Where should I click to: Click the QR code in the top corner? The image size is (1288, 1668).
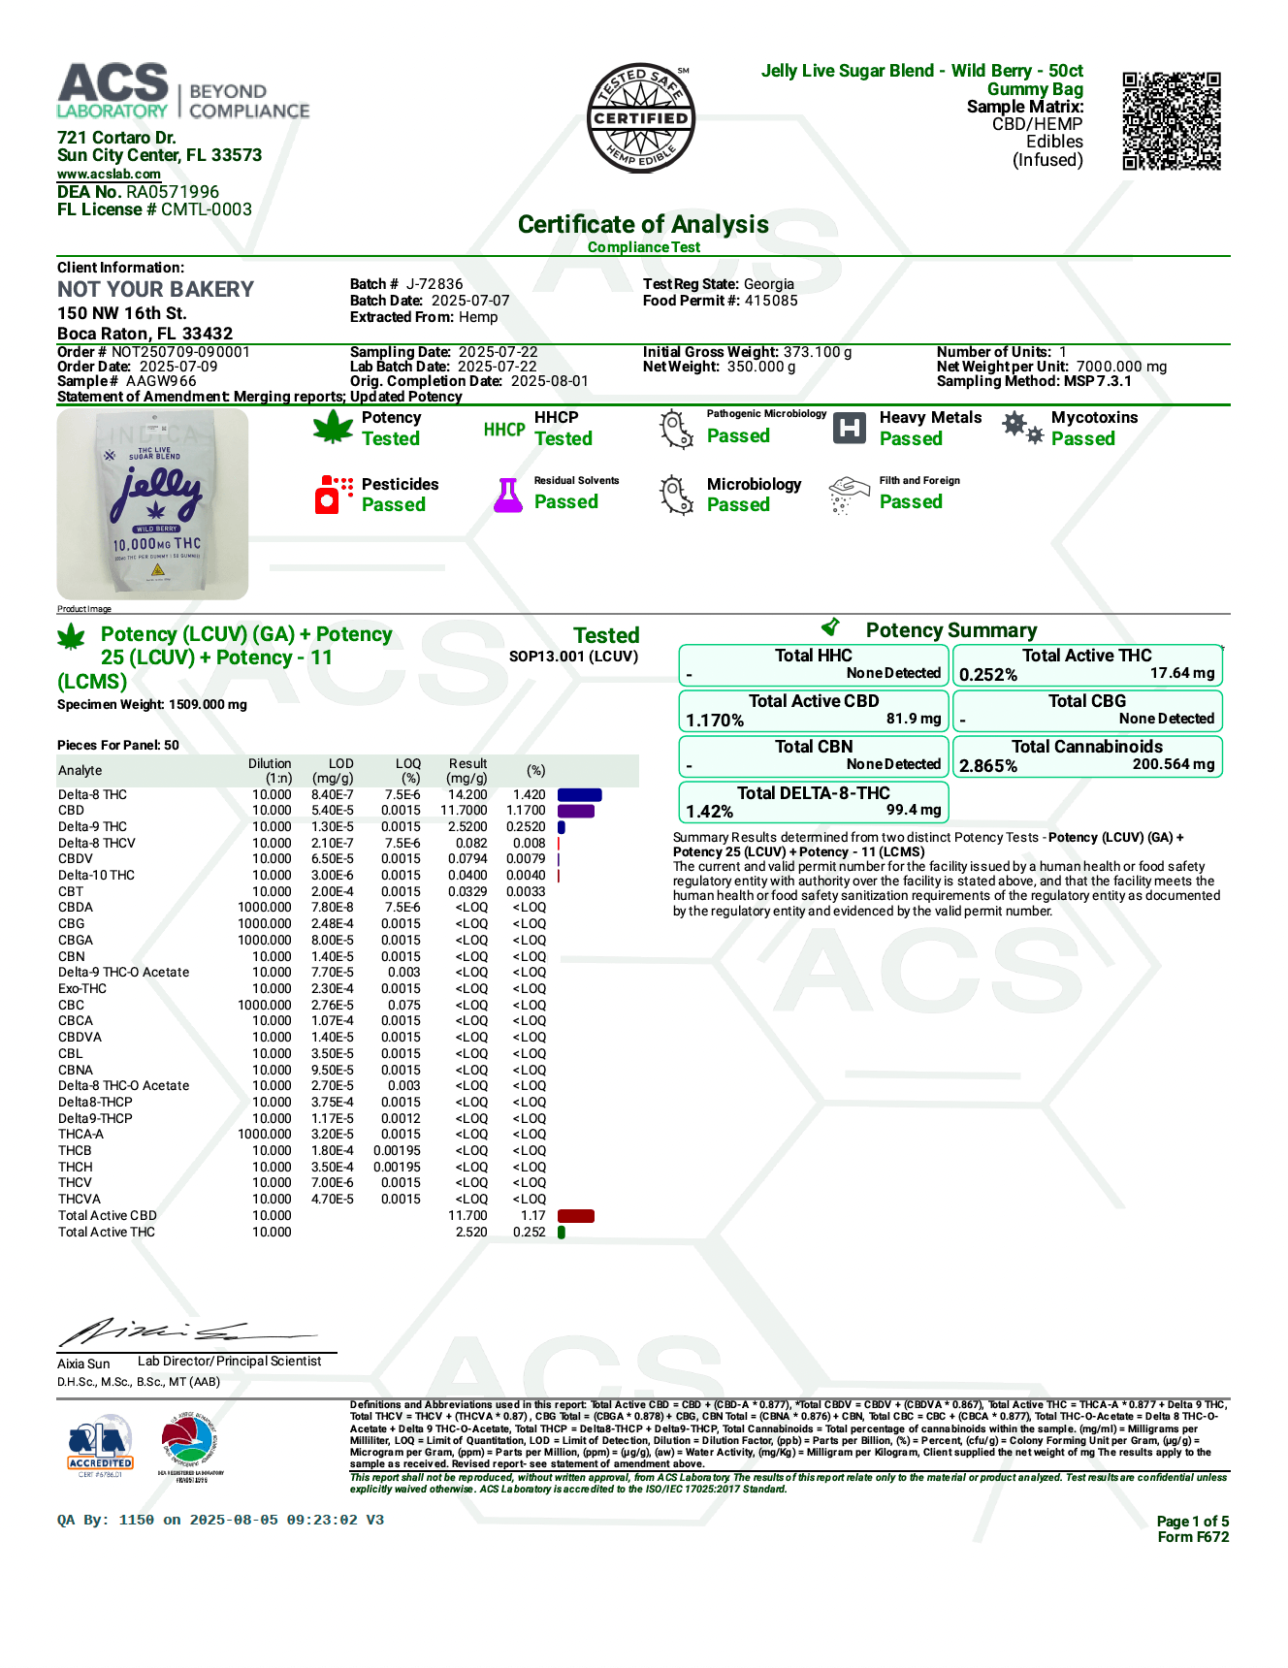[x=1171, y=120]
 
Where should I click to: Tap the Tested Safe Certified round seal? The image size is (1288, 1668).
[x=641, y=118]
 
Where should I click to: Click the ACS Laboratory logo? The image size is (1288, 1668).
[x=182, y=92]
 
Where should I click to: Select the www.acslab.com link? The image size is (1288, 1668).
[x=109, y=175]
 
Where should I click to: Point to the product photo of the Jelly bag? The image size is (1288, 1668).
[x=152, y=503]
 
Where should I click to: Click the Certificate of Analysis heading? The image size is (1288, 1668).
[x=643, y=225]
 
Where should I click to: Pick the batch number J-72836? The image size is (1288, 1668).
[x=435, y=284]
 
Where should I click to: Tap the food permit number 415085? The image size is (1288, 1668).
[x=771, y=301]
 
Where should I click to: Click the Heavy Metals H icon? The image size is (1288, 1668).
[x=850, y=428]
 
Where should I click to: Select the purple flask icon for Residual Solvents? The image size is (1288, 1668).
[x=508, y=495]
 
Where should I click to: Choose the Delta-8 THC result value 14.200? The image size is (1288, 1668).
[x=467, y=794]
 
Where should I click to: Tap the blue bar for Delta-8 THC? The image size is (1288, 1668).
[x=579, y=795]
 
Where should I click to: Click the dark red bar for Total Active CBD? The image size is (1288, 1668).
[x=576, y=1216]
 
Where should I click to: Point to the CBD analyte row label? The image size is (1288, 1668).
[x=71, y=811]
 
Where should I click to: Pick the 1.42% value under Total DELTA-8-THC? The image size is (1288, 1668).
[x=710, y=812]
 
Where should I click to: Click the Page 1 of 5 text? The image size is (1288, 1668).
[x=1192, y=1521]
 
